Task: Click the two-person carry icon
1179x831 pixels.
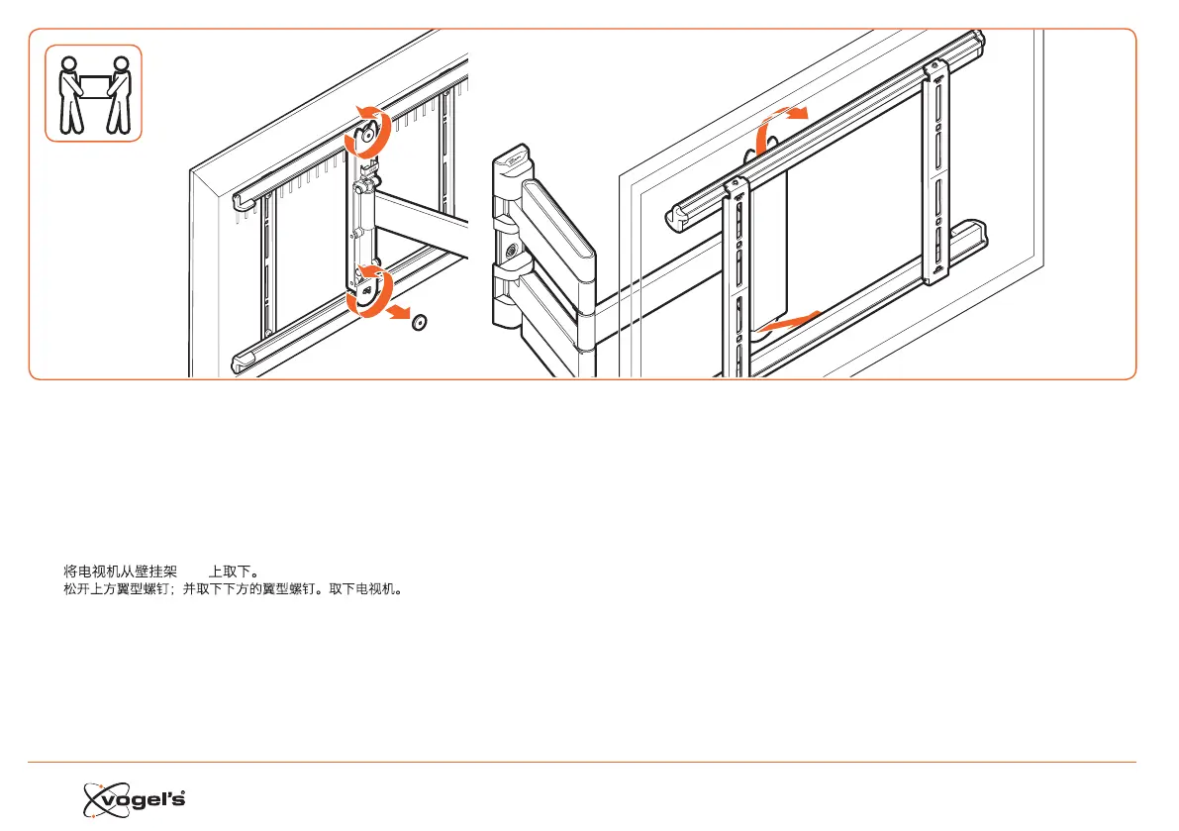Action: coord(94,93)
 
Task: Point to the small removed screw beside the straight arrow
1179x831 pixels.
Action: coord(420,324)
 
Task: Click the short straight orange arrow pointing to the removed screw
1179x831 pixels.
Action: coord(399,313)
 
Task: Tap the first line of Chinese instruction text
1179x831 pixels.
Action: coord(160,571)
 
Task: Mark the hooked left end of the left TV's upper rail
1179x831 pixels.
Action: coord(239,201)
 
